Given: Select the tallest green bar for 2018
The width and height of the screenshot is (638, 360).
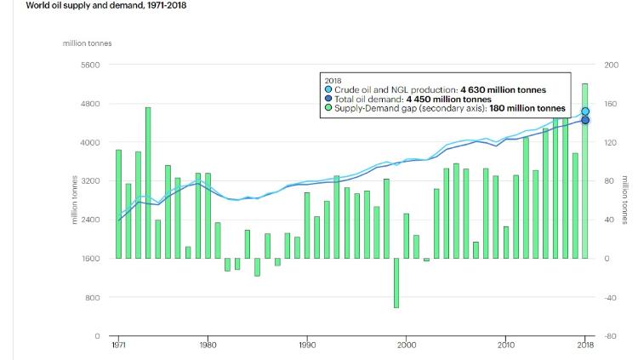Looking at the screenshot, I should pyautogui.click(x=585, y=170).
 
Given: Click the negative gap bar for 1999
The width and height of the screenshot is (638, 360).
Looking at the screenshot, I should pyautogui.click(x=396, y=283).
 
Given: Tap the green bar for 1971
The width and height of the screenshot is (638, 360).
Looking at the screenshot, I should pyautogui.click(x=118, y=204).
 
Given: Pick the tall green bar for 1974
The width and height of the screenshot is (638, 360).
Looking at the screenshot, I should pyautogui.click(x=148, y=182).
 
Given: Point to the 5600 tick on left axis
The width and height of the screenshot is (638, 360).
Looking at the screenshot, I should pyautogui.click(x=90, y=65).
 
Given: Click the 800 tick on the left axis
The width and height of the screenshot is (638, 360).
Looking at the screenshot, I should pyautogui.click(x=93, y=297).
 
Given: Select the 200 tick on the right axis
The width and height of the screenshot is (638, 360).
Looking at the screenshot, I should pyautogui.click(x=611, y=65).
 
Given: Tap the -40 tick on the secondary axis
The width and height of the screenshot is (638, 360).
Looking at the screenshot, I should pyautogui.click(x=611, y=297).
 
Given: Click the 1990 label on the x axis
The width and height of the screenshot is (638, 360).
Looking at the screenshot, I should pyautogui.click(x=307, y=346).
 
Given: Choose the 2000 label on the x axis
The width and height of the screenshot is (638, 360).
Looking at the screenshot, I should pyautogui.click(x=407, y=346).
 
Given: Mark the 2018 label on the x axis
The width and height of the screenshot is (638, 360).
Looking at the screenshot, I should pyautogui.click(x=585, y=346).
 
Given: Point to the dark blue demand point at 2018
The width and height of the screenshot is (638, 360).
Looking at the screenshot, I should pyautogui.click(x=585, y=119).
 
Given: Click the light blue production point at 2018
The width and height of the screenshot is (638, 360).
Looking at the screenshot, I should pyautogui.click(x=585, y=111).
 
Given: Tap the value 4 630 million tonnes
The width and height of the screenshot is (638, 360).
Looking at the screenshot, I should pyautogui.click(x=504, y=89).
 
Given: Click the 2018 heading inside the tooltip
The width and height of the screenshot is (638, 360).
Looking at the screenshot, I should pyautogui.click(x=333, y=80).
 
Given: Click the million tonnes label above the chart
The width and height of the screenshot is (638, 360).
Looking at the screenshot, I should pyautogui.click(x=88, y=43).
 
